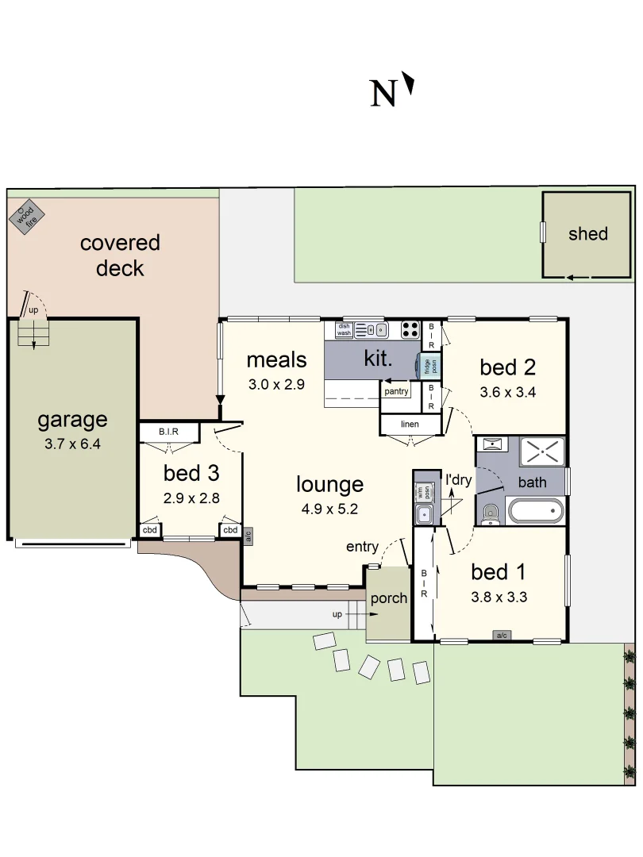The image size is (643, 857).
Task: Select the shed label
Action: click(x=587, y=234)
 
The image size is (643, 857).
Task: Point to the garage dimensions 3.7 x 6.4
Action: click(x=72, y=444)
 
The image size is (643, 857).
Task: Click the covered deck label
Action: click(x=120, y=256)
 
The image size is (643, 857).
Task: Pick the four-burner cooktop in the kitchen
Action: click(x=410, y=329)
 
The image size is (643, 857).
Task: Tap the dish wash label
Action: click(x=344, y=329)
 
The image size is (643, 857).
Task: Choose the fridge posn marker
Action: click(x=428, y=366)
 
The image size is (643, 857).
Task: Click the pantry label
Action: click(x=396, y=391)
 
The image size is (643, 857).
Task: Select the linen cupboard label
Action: click(x=410, y=425)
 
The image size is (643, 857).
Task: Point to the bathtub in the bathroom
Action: click(x=536, y=510)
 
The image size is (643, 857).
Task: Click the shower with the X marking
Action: click(x=542, y=452)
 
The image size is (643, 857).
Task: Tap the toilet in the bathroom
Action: click(x=490, y=513)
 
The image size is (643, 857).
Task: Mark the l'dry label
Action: click(x=458, y=480)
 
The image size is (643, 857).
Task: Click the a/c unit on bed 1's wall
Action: click(x=502, y=635)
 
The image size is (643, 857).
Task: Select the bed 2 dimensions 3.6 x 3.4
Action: click(x=508, y=391)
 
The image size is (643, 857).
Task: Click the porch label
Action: click(x=388, y=598)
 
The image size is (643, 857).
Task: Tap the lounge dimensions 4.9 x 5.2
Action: click(x=329, y=509)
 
